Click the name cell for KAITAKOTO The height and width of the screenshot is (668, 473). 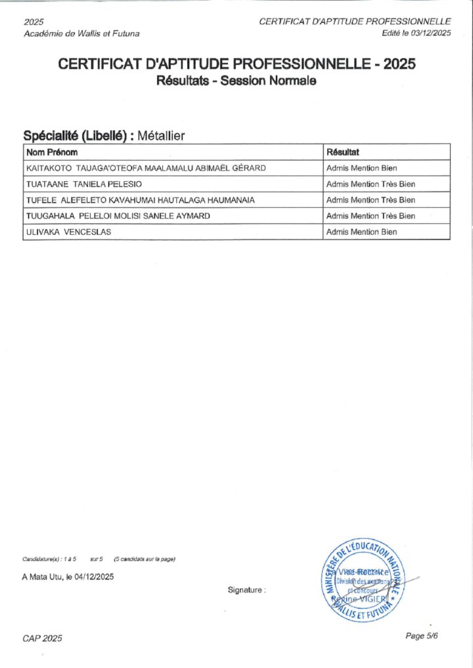[x=146, y=168]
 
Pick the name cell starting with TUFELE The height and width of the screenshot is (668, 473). [x=140, y=199]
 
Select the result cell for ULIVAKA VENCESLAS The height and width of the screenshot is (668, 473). [x=361, y=232]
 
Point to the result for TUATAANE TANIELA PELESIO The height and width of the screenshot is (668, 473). [x=371, y=184]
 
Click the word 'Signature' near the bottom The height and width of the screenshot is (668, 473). [x=246, y=590]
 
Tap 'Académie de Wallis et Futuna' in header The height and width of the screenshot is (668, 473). [x=81, y=33]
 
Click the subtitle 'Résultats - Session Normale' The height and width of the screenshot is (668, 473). [x=236, y=81]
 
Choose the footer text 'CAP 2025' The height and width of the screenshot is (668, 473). [x=43, y=638]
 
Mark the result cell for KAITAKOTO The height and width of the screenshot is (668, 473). [x=361, y=168]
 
